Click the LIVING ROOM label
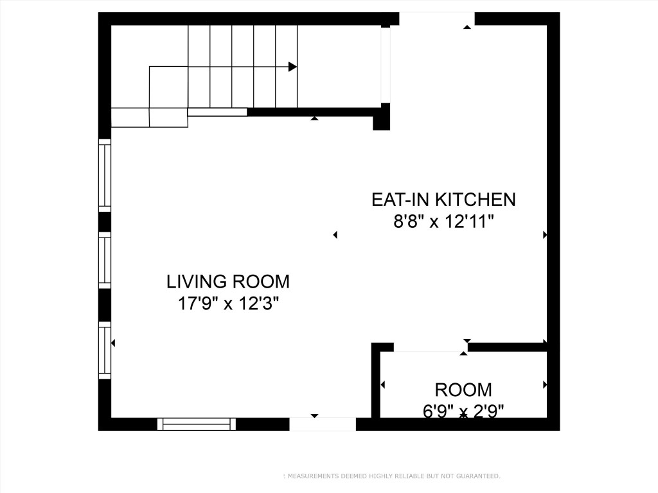228,281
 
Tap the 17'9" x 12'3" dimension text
228,303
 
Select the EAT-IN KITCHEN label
443,200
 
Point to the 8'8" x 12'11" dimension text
443,222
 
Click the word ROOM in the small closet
463,390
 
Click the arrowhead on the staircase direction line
292,67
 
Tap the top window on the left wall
104,175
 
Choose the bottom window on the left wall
104,349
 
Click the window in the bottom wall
197,424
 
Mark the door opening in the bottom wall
322,424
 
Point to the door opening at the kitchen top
437,19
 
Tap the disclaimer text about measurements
392,476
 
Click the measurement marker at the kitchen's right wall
545,236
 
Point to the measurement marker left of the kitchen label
335,236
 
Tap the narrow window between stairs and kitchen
386,65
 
